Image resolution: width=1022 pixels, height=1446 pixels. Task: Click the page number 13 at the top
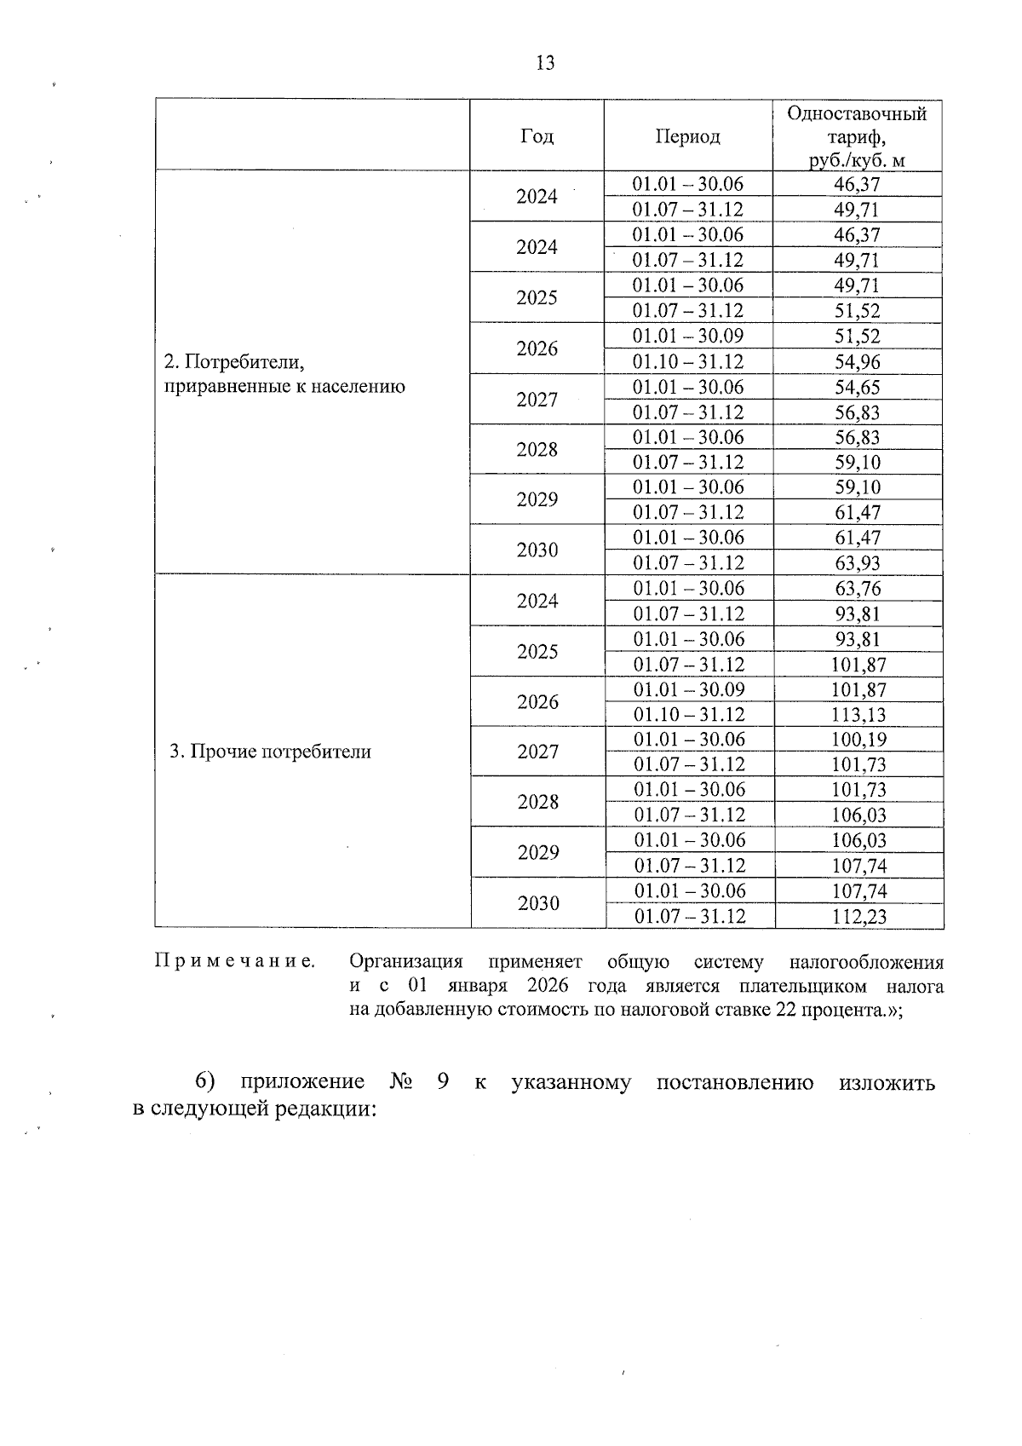click(x=546, y=62)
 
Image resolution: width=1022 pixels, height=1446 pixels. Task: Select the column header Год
click(x=537, y=136)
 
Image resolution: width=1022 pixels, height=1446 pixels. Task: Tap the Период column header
click(x=688, y=136)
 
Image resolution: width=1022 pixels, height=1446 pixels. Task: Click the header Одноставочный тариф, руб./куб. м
click(x=858, y=136)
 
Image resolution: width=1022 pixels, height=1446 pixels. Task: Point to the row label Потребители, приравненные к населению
click(x=284, y=374)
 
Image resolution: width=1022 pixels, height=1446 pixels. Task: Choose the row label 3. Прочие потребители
click(x=271, y=752)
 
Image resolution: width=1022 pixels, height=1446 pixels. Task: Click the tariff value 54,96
click(x=858, y=361)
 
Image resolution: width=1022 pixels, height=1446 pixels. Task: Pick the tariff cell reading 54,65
click(x=858, y=387)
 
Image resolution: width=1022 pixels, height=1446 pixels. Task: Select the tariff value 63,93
click(x=858, y=563)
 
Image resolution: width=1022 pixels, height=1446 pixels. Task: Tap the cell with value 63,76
click(x=858, y=589)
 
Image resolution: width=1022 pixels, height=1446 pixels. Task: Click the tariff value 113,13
click(x=858, y=715)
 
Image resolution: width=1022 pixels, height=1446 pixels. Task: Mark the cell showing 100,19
click(x=858, y=740)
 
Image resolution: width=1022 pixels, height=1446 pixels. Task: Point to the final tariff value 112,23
click(x=858, y=916)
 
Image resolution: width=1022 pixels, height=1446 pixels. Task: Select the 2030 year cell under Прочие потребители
click(x=538, y=903)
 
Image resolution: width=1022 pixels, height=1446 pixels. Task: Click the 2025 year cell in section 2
click(x=537, y=297)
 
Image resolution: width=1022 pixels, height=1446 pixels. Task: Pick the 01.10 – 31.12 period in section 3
click(x=690, y=715)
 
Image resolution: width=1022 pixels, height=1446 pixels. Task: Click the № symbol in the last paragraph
click(x=400, y=1082)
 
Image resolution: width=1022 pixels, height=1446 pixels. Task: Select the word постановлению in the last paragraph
click(x=735, y=1082)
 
